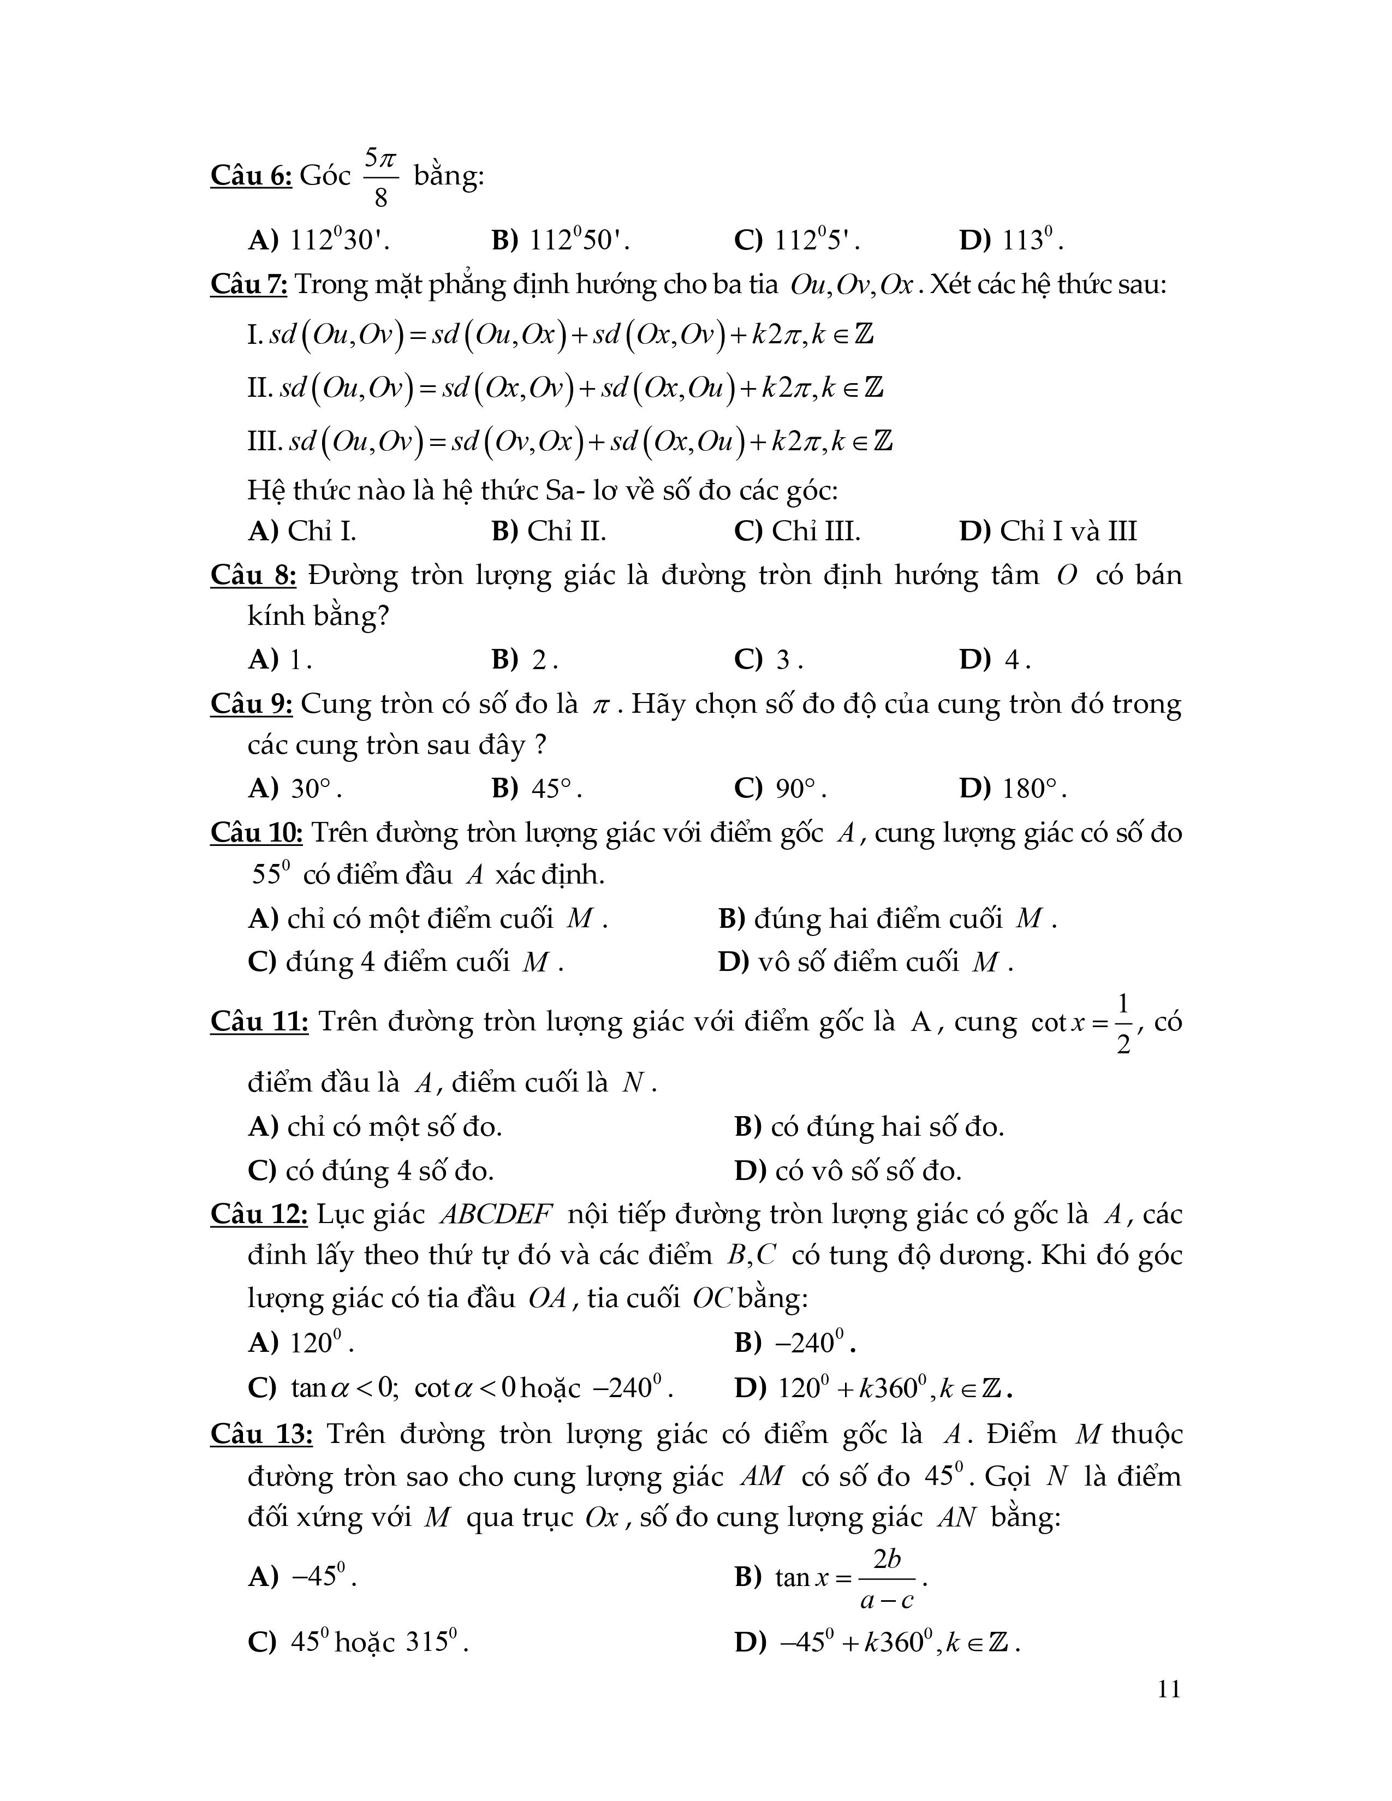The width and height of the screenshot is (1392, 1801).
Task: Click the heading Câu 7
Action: coord(249,284)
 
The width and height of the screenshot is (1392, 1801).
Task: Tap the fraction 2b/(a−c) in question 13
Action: coord(887,1578)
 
